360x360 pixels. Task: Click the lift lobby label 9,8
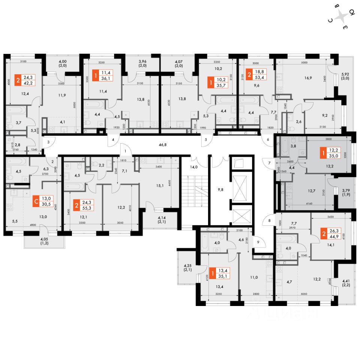click(x=220, y=189)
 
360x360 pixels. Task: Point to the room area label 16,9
click(x=308, y=79)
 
